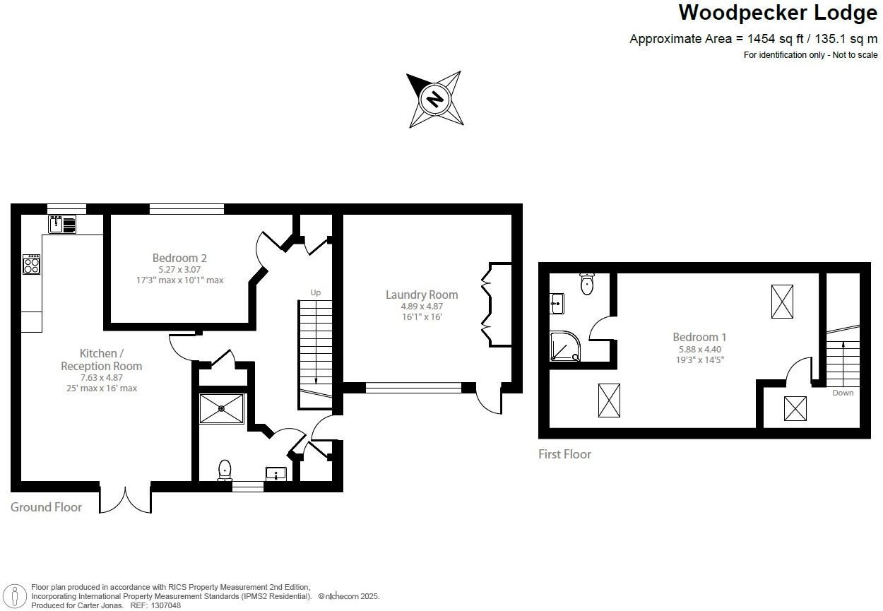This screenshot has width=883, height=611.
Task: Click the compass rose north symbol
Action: click(x=435, y=99)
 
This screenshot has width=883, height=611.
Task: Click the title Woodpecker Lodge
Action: click(x=778, y=13)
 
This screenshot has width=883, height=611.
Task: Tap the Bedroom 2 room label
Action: click(x=179, y=259)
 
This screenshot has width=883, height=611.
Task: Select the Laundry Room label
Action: click(x=422, y=295)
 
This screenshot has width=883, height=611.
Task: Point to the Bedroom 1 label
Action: click(x=699, y=338)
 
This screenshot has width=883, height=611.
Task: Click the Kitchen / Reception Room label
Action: click(x=101, y=360)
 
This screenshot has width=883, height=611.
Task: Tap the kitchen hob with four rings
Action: click(x=32, y=265)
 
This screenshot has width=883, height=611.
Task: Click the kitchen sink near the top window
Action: click(x=63, y=225)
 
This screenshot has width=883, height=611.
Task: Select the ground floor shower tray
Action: click(x=222, y=408)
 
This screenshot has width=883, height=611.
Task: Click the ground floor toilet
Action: click(x=225, y=469)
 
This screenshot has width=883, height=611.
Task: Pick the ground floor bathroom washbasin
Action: click(x=275, y=473)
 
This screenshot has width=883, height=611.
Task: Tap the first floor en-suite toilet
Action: click(x=587, y=283)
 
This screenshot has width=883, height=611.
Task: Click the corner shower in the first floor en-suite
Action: click(x=566, y=347)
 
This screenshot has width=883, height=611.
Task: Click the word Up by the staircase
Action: click(x=316, y=292)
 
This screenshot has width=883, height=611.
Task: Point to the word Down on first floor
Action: click(x=843, y=393)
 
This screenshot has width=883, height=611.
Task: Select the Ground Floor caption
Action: click(x=46, y=506)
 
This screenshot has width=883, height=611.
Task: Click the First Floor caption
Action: click(x=564, y=454)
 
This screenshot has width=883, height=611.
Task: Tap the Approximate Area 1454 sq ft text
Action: click(x=753, y=39)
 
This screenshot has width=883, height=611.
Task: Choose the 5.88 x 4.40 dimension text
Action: click(x=699, y=349)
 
